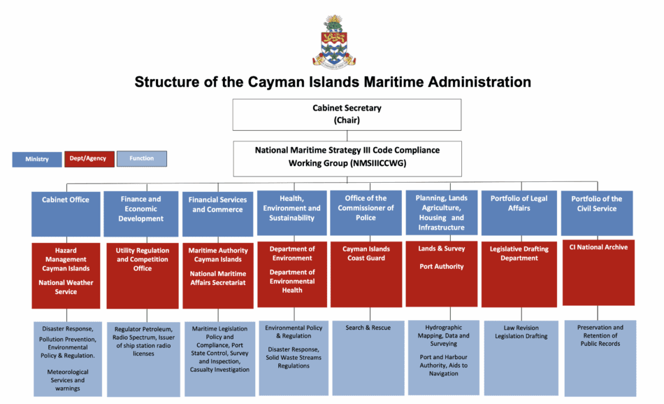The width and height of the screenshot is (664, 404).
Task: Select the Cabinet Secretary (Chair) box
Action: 347,114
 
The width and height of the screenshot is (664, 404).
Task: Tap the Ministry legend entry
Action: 37,159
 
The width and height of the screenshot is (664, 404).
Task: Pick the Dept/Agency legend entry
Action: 89,159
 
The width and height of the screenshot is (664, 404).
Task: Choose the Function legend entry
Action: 141,159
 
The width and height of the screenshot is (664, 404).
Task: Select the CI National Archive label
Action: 598,247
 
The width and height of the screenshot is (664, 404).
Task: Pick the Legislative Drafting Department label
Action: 519,253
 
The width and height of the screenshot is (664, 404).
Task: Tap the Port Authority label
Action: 441,267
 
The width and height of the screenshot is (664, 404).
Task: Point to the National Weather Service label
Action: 66,287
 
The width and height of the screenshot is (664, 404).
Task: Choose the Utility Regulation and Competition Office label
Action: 143,260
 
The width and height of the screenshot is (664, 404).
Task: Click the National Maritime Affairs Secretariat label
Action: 218,279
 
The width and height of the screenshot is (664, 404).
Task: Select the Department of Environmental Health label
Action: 292,281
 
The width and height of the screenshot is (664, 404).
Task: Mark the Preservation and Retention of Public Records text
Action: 600,335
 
